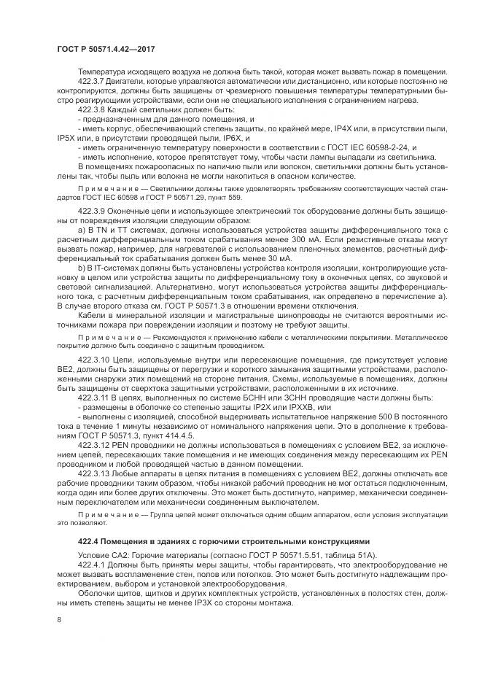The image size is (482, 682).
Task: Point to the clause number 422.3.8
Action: pos(91,108)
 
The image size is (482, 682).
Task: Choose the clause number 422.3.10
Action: pos(93,360)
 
